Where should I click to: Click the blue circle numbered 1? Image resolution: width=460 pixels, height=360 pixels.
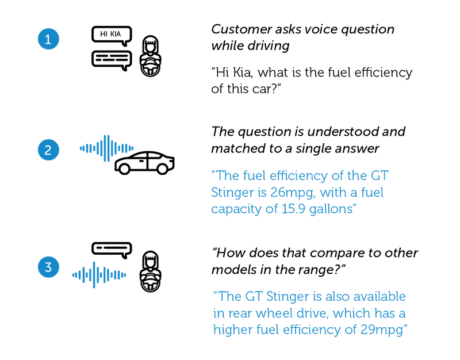pos(48,39)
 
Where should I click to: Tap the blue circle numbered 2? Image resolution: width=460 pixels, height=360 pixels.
pos(48,150)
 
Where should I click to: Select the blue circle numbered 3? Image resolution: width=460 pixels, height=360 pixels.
pos(48,267)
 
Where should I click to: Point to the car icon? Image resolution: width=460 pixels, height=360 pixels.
pos(145,163)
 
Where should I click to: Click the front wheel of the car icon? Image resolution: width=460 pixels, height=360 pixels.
pos(162,168)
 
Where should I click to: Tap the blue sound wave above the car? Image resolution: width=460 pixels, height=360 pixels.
pos(106,148)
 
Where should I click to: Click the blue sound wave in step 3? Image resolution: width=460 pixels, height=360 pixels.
pos(99,275)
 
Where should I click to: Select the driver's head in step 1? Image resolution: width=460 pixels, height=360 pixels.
pos(150,46)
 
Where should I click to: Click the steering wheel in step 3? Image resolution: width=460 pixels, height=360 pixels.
pos(150,282)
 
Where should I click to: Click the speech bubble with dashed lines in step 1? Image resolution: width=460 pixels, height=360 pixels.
pos(112,60)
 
